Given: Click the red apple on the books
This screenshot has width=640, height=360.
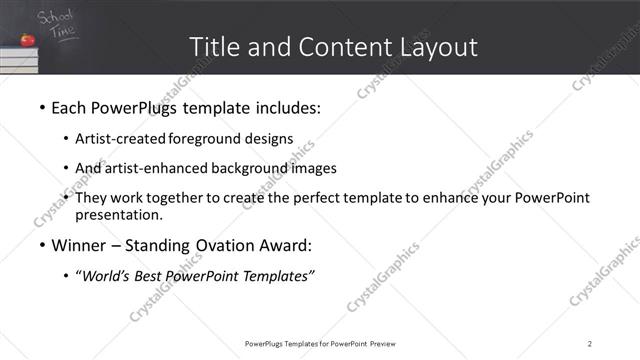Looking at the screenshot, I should [28, 40].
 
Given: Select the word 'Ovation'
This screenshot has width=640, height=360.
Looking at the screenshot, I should [224, 246].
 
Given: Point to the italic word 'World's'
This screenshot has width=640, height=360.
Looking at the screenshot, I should [106, 277].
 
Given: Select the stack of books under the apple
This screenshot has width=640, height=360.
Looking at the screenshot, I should [20, 59].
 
